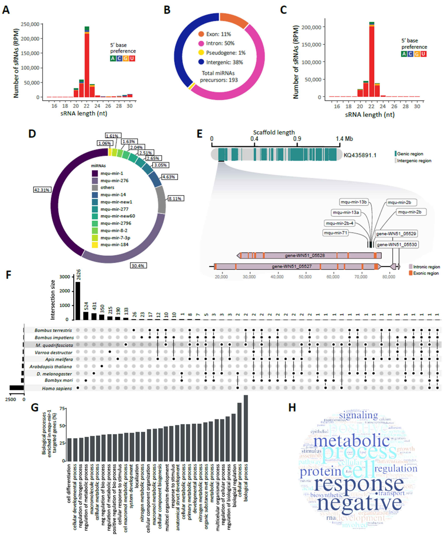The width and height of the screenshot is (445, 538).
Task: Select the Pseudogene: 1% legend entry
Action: click(x=222, y=53)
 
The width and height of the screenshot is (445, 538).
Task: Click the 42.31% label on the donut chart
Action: click(x=42, y=190)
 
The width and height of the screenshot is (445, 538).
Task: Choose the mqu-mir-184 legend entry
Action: click(x=114, y=244)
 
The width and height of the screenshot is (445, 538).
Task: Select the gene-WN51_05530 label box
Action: click(x=397, y=245)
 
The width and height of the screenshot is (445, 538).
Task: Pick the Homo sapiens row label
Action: click(x=57, y=388)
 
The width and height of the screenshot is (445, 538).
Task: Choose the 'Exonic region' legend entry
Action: click(x=426, y=273)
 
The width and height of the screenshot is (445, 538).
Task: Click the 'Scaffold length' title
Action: click(x=274, y=132)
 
